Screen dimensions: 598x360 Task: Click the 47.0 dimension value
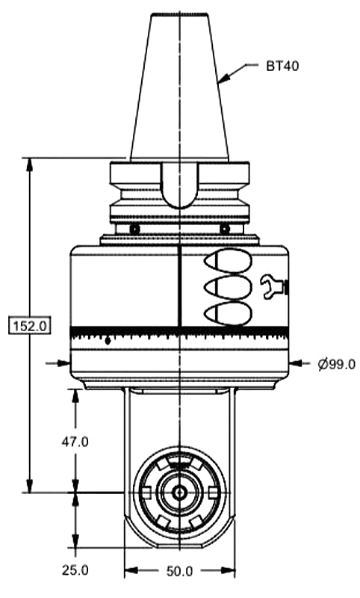tap(75, 441)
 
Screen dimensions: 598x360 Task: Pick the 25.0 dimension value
tap(75, 570)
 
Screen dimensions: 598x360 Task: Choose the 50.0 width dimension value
tap(179, 572)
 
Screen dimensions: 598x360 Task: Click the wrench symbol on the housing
tap(273, 286)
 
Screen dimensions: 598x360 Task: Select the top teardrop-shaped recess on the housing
tap(227, 259)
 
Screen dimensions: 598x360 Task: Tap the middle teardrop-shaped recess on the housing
tap(227, 286)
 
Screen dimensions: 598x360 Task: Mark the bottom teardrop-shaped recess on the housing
tap(227, 313)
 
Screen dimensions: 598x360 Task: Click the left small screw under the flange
tap(134, 228)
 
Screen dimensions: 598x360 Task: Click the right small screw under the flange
tap(224, 228)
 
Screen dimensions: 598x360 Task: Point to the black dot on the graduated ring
tap(108, 341)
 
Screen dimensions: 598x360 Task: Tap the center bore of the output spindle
tap(179, 493)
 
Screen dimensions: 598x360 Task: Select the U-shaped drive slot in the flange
tap(179, 187)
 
